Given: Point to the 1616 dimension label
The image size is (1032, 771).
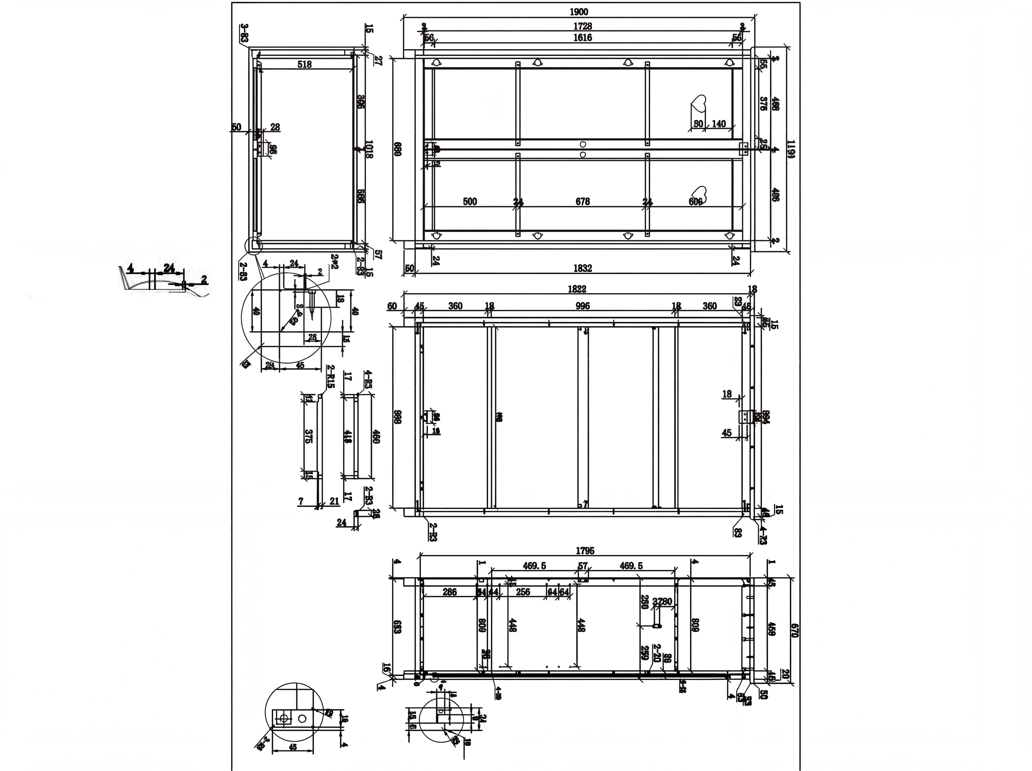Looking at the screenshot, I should pyautogui.click(x=582, y=38).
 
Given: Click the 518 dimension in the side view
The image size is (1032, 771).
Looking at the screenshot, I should pyautogui.click(x=304, y=64).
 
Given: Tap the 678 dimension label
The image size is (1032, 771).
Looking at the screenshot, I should pyautogui.click(x=582, y=202).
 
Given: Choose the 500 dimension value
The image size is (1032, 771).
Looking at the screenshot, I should pyautogui.click(x=470, y=202).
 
